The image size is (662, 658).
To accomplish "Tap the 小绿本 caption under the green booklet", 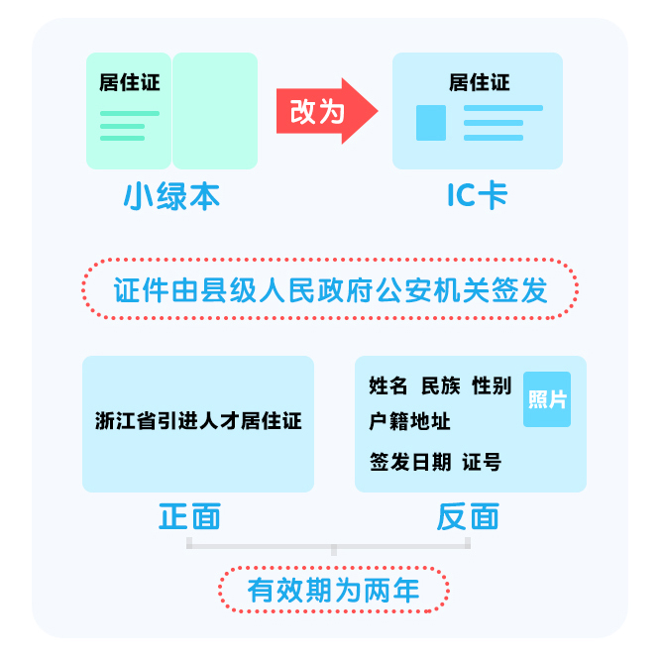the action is click(171, 196).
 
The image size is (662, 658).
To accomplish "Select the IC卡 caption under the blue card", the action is click(478, 195).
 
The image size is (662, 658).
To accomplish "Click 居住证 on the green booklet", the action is click(130, 82).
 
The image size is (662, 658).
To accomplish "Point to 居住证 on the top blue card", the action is click(480, 82).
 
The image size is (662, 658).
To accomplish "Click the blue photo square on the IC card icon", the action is click(431, 123).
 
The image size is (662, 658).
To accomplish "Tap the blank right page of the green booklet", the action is click(215, 111).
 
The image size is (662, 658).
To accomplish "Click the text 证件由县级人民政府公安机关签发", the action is click(331, 290).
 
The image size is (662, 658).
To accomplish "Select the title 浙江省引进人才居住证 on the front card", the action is click(198, 421).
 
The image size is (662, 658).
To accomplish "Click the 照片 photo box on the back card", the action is click(547, 399).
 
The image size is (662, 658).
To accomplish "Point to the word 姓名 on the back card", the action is click(388, 385).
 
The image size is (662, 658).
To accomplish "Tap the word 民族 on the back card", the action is click(441, 385).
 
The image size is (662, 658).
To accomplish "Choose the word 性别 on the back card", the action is click(492, 385).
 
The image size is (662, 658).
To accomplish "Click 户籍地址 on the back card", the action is click(409, 421).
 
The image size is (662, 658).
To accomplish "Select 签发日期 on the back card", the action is click(410, 462).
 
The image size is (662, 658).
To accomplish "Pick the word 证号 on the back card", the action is click(482, 462).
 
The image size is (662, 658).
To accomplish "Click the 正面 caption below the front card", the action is click(189, 516).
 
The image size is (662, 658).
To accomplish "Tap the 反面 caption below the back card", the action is click(468, 516).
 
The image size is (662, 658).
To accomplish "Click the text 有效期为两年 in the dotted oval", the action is click(334, 590).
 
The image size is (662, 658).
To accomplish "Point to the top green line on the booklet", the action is click(130, 114).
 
